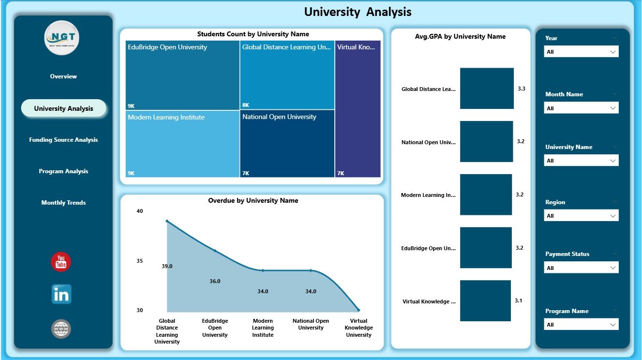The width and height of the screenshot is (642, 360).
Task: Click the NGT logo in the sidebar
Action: (x=61, y=38)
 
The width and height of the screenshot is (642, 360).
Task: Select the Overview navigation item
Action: (x=63, y=76)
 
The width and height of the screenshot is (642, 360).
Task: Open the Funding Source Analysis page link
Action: (x=63, y=140)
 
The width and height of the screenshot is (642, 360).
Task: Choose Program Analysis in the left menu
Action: (x=63, y=171)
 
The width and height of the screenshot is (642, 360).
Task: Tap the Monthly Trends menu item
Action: (x=63, y=203)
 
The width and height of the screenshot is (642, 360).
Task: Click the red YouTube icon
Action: (x=61, y=262)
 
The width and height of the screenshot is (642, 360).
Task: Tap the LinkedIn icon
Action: (x=61, y=294)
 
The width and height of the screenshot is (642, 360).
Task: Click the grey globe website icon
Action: (x=61, y=329)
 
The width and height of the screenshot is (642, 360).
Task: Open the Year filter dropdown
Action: (x=581, y=52)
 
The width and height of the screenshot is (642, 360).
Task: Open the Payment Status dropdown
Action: (x=581, y=268)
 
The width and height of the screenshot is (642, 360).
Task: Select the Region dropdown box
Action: (x=581, y=216)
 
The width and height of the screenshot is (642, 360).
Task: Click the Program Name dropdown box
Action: (x=581, y=325)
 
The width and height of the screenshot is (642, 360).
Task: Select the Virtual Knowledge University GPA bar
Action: (x=485, y=300)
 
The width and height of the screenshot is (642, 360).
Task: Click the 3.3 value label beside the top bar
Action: (x=521, y=89)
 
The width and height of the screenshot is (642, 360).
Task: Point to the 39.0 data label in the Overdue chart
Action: (x=167, y=266)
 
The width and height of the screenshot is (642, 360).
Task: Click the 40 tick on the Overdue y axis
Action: (x=140, y=211)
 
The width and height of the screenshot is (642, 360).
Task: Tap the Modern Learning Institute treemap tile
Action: (x=182, y=144)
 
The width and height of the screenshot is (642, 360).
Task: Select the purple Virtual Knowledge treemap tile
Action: (x=358, y=109)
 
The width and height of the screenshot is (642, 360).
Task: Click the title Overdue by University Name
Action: (x=253, y=200)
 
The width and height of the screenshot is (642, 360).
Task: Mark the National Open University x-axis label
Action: (x=311, y=324)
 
